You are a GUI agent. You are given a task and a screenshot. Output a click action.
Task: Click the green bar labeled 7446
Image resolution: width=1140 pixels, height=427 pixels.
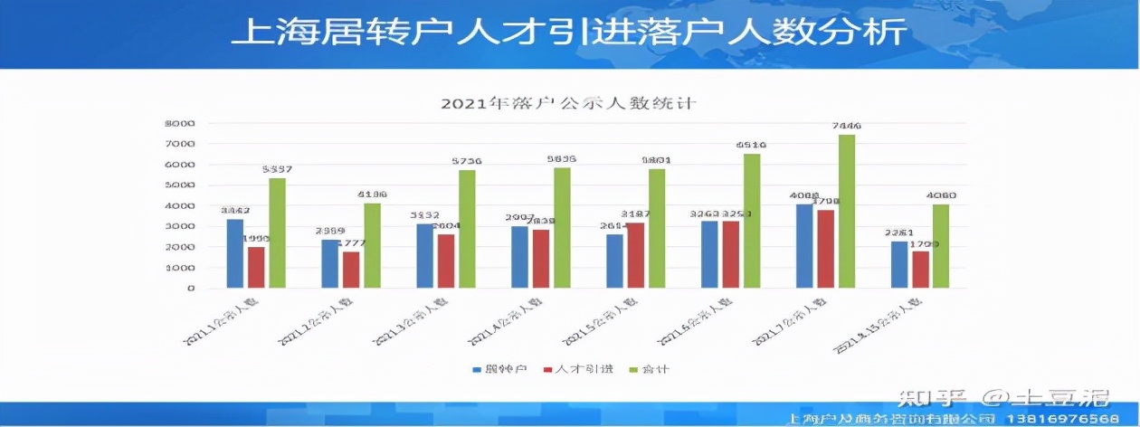coord(846,212)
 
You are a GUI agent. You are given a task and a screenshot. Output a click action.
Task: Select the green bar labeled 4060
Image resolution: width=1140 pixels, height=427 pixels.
coord(941,246)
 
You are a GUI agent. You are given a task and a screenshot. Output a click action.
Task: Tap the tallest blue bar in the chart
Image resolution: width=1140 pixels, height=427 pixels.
coord(804,246)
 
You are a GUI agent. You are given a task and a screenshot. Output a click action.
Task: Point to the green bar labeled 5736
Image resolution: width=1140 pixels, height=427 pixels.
coord(467,229)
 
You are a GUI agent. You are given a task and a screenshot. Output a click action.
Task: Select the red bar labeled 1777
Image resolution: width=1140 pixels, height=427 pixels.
coord(350,270)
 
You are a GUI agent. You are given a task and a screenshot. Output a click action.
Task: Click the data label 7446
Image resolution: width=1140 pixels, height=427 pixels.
coord(846,126)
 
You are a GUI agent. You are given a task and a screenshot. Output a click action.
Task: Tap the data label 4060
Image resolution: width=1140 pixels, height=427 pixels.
coord(941,195)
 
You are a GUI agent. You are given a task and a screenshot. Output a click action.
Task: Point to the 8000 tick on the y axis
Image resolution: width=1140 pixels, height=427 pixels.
coord(180,123)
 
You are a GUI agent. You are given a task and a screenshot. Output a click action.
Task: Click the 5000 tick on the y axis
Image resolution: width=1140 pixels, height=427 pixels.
coord(180,185)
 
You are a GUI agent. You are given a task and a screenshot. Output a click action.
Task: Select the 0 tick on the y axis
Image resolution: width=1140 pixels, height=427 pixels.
coord(191,289)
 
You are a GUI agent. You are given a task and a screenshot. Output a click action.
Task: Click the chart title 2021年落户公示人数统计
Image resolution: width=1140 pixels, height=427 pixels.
coord(568,103)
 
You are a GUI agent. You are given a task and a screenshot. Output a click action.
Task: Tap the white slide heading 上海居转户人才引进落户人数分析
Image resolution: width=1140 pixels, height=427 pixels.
coord(569,33)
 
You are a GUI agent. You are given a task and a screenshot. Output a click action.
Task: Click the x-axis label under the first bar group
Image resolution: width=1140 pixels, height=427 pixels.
coord(219,322)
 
